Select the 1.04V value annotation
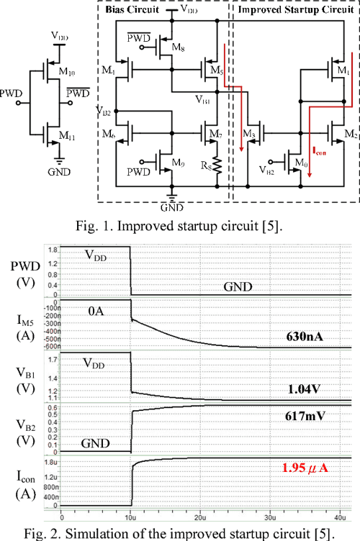click(x=314, y=388)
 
